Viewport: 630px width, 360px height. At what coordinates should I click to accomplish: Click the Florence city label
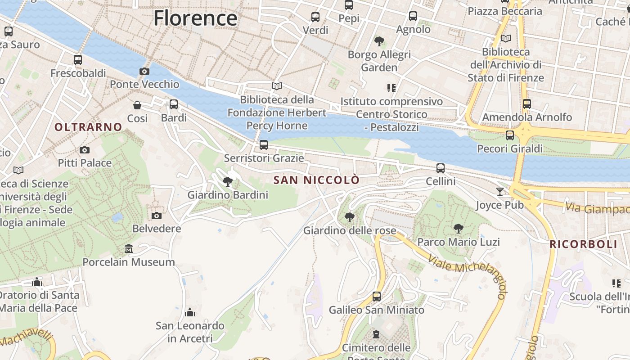(195, 18)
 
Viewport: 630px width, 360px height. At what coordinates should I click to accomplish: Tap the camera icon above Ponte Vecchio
(144, 71)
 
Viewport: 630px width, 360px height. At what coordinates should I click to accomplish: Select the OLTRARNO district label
(88, 127)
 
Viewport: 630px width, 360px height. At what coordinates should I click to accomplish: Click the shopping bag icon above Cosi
(137, 105)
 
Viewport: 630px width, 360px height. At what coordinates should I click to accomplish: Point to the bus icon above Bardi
(174, 104)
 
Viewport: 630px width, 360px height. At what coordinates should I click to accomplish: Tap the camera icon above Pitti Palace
(84, 150)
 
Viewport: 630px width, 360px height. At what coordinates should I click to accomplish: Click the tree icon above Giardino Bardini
(228, 182)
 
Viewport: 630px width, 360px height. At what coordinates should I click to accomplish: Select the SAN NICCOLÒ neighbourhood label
(317, 180)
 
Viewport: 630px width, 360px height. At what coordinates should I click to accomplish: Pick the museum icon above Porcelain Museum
(129, 249)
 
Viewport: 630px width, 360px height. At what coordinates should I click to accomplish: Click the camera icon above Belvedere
(157, 216)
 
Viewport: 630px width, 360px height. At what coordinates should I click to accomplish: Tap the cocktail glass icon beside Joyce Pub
(500, 192)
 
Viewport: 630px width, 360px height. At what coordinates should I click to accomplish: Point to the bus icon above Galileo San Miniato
(377, 297)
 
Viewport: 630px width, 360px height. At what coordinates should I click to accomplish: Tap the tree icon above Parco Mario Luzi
(459, 229)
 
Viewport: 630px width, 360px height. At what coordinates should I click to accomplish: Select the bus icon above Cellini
(441, 168)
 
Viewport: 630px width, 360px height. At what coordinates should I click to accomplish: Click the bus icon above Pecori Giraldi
(510, 135)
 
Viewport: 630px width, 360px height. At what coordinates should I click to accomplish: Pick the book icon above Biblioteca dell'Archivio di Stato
(506, 38)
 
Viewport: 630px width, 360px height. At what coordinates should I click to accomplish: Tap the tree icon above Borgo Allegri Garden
(379, 41)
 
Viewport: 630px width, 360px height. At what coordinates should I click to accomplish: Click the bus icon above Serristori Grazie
(264, 145)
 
